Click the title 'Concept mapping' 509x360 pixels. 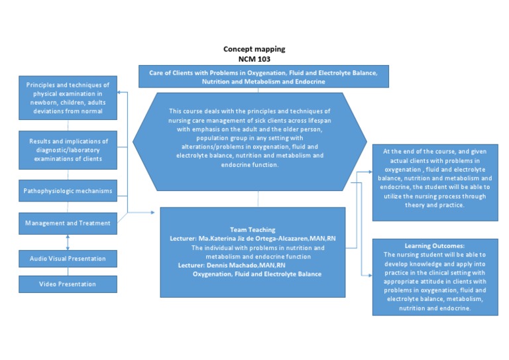point(254,49)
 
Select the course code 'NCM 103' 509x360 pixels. point(254,58)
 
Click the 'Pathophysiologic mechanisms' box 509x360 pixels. point(68,191)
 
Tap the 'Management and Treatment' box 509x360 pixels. point(68,223)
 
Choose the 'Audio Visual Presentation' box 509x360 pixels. point(68,257)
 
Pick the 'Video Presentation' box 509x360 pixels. point(68,284)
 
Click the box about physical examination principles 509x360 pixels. point(68,98)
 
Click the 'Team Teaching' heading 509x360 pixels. point(252,229)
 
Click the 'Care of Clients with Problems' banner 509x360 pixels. point(264,77)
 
